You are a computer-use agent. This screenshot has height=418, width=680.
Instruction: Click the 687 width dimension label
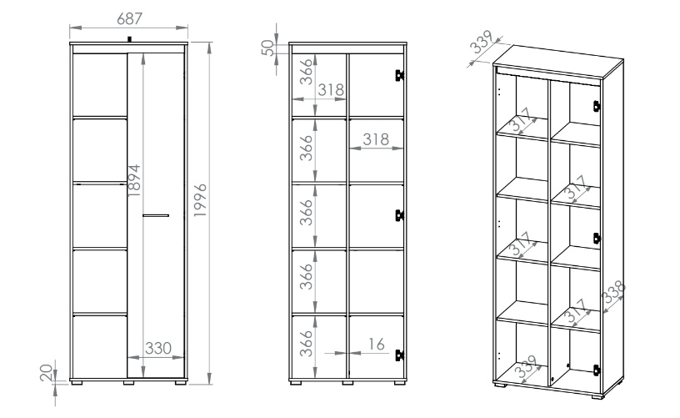pyautogui.click(x=129, y=18)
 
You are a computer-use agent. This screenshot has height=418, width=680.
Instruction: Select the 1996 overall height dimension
pyautogui.click(x=200, y=200)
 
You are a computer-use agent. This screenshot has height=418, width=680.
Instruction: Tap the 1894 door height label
pyautogui.click(x=134, y=180)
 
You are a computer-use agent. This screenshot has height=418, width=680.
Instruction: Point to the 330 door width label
pyautogui.click(x=158, y=348)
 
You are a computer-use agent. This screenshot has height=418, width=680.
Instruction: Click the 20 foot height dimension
pyautogui.click(x=47, y=373)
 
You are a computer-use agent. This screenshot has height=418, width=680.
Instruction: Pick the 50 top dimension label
pyautogui.click(x=267, y=48)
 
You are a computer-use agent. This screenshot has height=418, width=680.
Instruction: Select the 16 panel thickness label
pyautogui.click(x=376, y=345)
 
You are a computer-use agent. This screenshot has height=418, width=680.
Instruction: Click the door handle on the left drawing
pyautogui.click(x=156, y=215)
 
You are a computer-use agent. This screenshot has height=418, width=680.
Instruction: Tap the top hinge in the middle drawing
pyautogui.click(x=399, y=75)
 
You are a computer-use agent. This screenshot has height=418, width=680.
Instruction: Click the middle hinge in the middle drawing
pyautogui.click(x=399, y=215)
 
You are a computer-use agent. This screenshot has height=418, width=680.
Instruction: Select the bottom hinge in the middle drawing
pyautogui.click(x=399, y=355)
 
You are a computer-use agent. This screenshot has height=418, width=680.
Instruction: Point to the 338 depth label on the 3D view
pyautogui.click(x=614, y=292)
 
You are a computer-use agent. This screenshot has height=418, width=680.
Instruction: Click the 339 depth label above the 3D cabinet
pyautogui.click(x=482, y=42)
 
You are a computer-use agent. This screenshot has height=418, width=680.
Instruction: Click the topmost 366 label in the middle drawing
pyautogui.click(x=307, y=72)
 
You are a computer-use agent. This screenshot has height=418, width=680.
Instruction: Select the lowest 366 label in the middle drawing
pyautogui.click(x=307, y=343)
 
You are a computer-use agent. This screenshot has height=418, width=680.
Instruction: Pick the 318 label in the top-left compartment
pyautogui.click(x=331, y=90)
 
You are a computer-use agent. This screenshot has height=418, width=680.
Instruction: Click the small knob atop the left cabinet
pyautogui.click(x=129, y=39)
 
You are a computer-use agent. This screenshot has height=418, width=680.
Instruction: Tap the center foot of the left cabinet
pyautogui.click(x=129, y=383)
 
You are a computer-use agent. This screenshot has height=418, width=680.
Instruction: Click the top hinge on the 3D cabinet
pyautogui.click(x=597, y=106)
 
